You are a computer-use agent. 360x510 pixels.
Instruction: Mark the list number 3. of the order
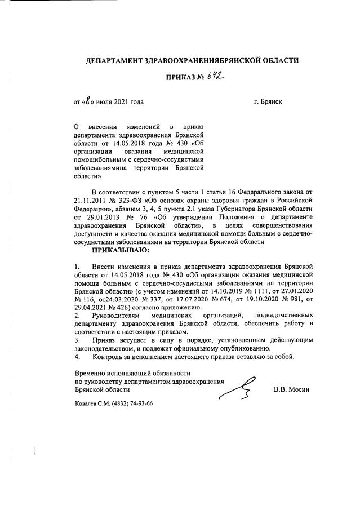pos(77,340)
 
